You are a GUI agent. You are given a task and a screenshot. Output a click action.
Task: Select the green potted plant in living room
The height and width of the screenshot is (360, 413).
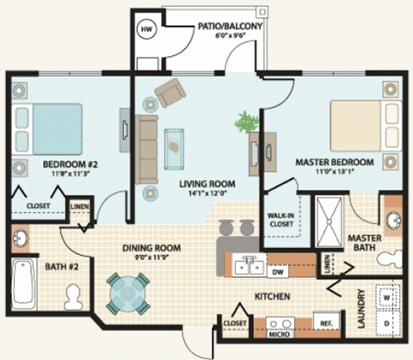coord(250,121)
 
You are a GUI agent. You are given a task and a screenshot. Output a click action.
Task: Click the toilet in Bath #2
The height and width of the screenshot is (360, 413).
coord(75,295)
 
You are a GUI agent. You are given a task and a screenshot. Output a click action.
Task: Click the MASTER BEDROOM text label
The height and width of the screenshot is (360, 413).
coord(334,162)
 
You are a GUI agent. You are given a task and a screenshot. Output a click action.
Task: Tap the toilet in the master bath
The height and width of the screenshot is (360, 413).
coord(392,257)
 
